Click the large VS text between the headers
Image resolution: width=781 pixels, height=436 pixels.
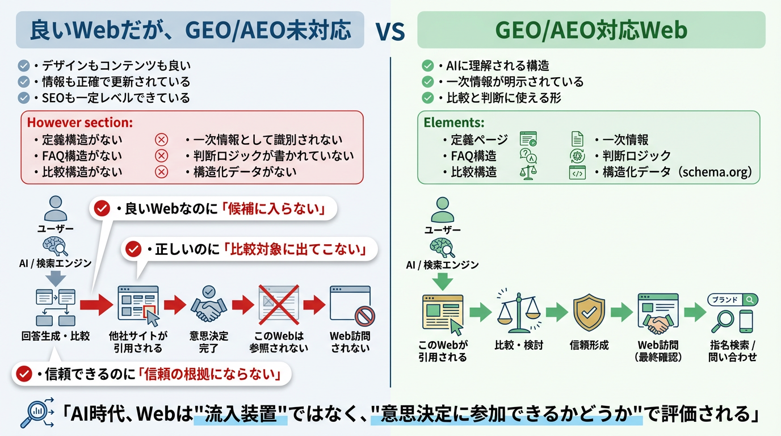[390, 31]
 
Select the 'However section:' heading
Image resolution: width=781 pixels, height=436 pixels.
[80, 123]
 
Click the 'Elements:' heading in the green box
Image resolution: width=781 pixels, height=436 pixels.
[454, 123]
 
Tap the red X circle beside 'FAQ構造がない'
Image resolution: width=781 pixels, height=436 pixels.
[161, 156]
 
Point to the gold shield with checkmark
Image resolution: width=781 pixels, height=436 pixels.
[589, 312]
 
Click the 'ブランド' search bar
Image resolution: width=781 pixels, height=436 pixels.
[733, 300]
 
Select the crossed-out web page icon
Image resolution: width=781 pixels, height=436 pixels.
[279, 304]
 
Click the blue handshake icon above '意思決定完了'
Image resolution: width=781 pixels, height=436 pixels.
[208, 304]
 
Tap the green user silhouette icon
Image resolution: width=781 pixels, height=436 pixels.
[443, 209]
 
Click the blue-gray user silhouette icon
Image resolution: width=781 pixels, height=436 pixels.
[56, 208]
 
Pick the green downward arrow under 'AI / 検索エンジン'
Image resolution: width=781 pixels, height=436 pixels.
[443, 282]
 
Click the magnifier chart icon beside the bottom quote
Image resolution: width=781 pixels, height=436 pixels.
[36, 413]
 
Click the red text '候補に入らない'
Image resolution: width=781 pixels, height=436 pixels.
[274, 208]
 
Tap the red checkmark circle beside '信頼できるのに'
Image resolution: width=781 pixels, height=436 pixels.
[24, 374]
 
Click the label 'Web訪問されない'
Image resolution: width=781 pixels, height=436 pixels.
[350, 342]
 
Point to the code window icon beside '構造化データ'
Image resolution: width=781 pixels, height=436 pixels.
[577, 173]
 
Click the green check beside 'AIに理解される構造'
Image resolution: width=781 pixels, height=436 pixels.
[427, 66]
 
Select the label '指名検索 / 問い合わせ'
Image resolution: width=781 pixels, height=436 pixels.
[733, 351]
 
